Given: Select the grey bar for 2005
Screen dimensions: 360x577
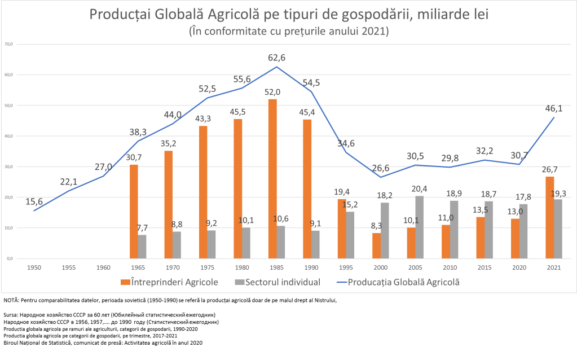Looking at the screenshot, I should pos(419,227).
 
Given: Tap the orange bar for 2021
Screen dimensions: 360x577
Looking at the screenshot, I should pos(550,217).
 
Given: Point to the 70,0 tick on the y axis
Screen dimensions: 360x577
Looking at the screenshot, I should pos(8,44).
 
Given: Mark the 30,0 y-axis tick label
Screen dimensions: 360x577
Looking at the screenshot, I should pos(8,166).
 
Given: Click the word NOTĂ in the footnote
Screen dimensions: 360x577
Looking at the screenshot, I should pos(11,300).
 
